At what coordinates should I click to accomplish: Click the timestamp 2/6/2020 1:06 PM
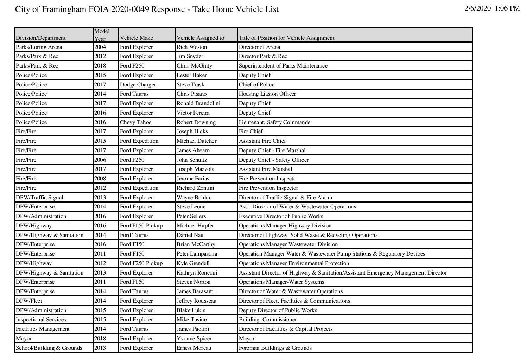click(x=492, y=8)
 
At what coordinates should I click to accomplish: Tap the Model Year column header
click(x=102, y=35)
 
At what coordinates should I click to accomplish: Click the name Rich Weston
click(x=192, y=47)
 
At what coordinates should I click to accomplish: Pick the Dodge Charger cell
click(x=138, y=85)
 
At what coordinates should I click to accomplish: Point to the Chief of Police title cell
click(x=256, y=85)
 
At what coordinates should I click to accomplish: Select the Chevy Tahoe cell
click(x=135, y=122)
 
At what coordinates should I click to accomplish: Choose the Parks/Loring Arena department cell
click(x=39, y=47)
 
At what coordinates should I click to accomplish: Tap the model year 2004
click(x=100, y=47)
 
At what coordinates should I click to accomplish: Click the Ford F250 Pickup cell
click(x=141, y=263)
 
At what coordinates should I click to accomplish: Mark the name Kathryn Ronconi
click(x=197, y=273)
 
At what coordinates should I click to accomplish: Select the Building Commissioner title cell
click(x=268, y=320)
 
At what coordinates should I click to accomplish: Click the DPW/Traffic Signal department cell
click(x=39, y=198)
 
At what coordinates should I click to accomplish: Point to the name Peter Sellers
click(x=191, y=216)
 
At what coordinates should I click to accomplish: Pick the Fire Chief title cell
click(x=250, y=131)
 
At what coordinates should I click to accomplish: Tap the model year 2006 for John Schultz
click(x=100, y=160)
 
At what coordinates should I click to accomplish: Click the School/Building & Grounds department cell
click(x=49, y=348)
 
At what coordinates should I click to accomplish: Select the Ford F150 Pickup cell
click(x=141, y=226)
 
